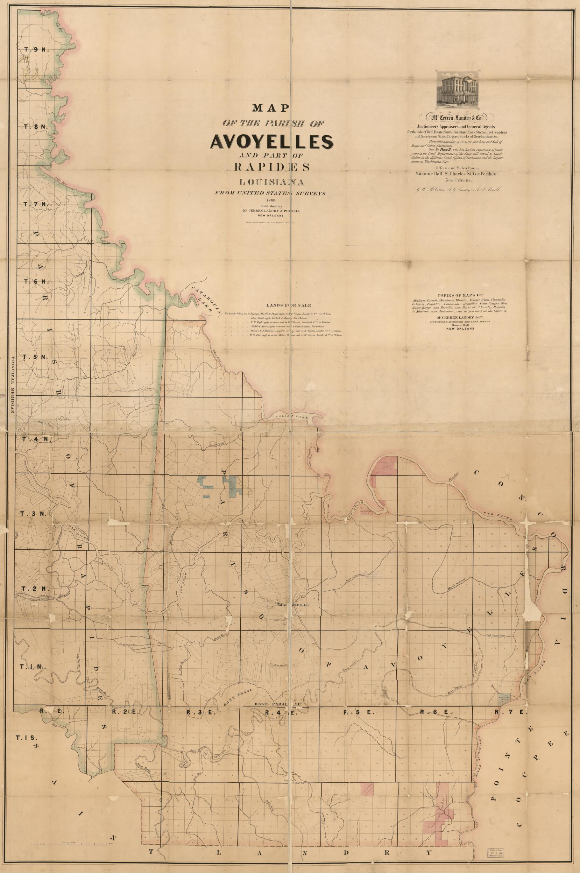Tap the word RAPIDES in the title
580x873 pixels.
(x=272, y=167)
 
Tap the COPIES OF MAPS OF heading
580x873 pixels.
(x=460, y=295)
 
